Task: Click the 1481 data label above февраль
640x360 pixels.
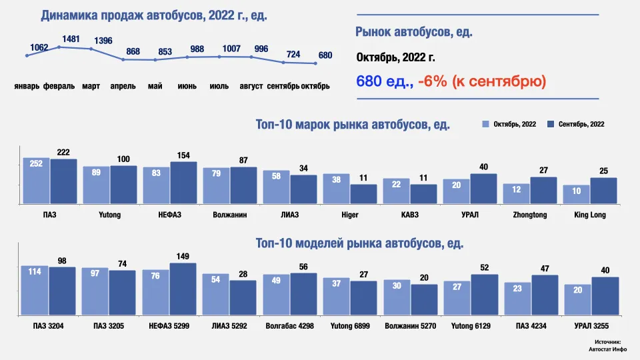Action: point(71,39)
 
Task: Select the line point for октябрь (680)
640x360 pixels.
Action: point(315,64)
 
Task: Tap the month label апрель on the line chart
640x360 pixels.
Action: point(123,87)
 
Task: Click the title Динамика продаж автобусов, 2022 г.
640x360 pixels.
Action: point(154,15)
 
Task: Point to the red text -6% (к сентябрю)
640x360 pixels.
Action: point(482,82)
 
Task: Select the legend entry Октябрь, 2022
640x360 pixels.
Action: point(509,124)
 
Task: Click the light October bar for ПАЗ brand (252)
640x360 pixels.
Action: point(36,180)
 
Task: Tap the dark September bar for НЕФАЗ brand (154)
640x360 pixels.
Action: point(183,182)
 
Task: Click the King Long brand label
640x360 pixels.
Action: point(589,215)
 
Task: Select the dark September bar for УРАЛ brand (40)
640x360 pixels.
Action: point(484,188)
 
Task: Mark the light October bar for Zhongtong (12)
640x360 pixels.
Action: point(516,193)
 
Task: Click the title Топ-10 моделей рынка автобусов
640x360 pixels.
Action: point(359,243)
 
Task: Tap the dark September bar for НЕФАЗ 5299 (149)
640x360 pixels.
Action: point(183,289)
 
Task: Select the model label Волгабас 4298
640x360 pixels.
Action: point(289,327)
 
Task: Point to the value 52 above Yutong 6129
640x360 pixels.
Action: point(485,267)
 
